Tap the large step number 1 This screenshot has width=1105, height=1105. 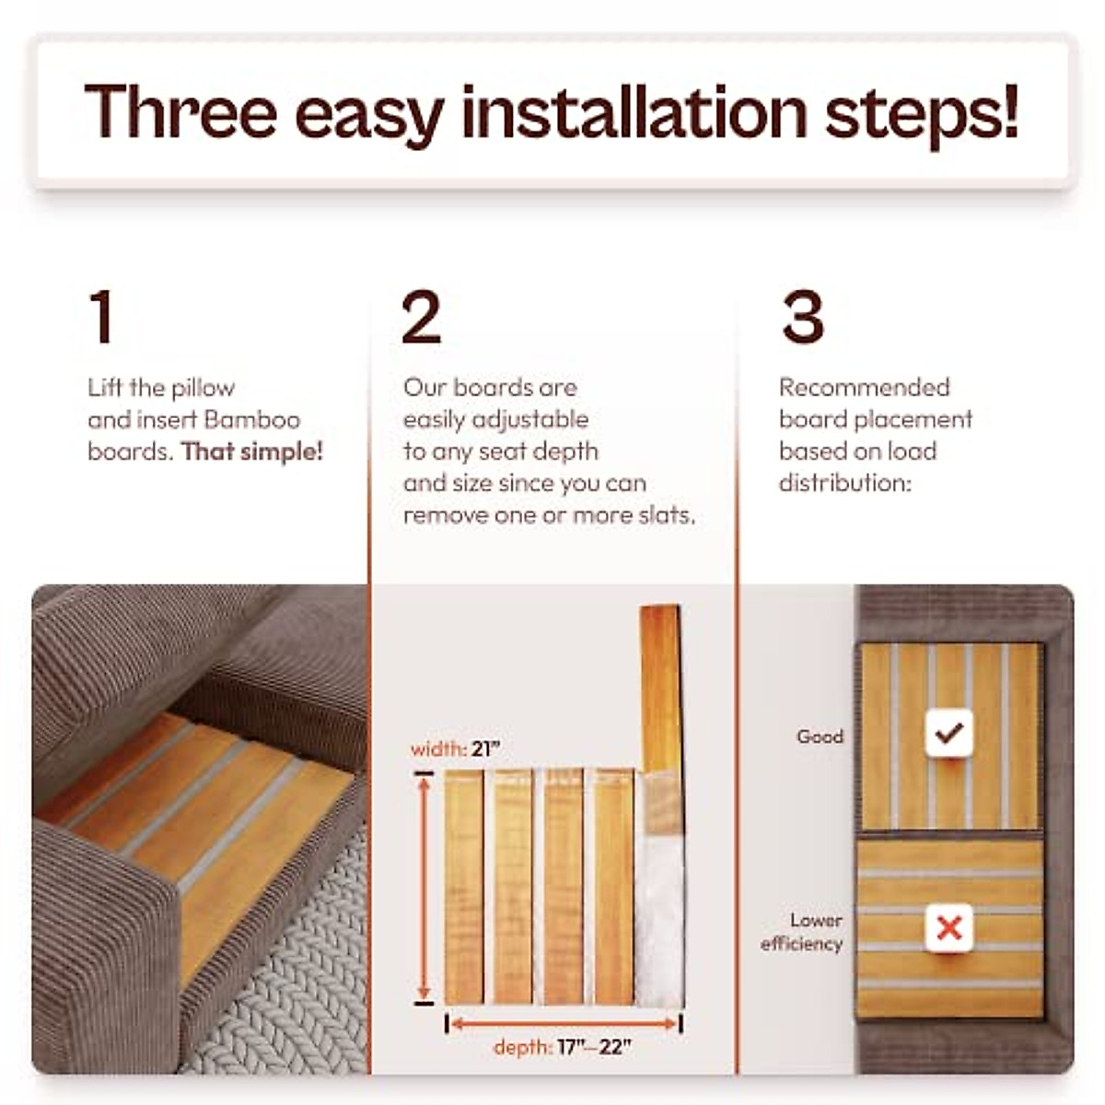(x=102, y=318)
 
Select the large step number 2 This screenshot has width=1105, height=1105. (x=422, y=318)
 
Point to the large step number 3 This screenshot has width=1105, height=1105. (x=802, y=318)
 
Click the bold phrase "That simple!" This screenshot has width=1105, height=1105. (x=251, y=451)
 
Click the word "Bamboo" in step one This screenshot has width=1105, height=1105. (x=251, y=420)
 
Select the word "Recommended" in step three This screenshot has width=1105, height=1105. (x=864, y=388)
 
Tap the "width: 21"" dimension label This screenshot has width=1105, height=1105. (x=455, y=750)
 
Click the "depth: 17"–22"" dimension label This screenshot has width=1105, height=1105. (x=562, y=1047)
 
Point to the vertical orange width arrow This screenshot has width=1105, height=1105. (x=425, y=889)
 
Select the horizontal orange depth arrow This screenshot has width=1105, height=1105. (x=564, y=1023)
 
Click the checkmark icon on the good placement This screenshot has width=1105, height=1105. (x=948, y=734)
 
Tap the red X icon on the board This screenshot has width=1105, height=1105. (x=948, y=927)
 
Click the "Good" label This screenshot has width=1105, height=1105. (x=820, y=737)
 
